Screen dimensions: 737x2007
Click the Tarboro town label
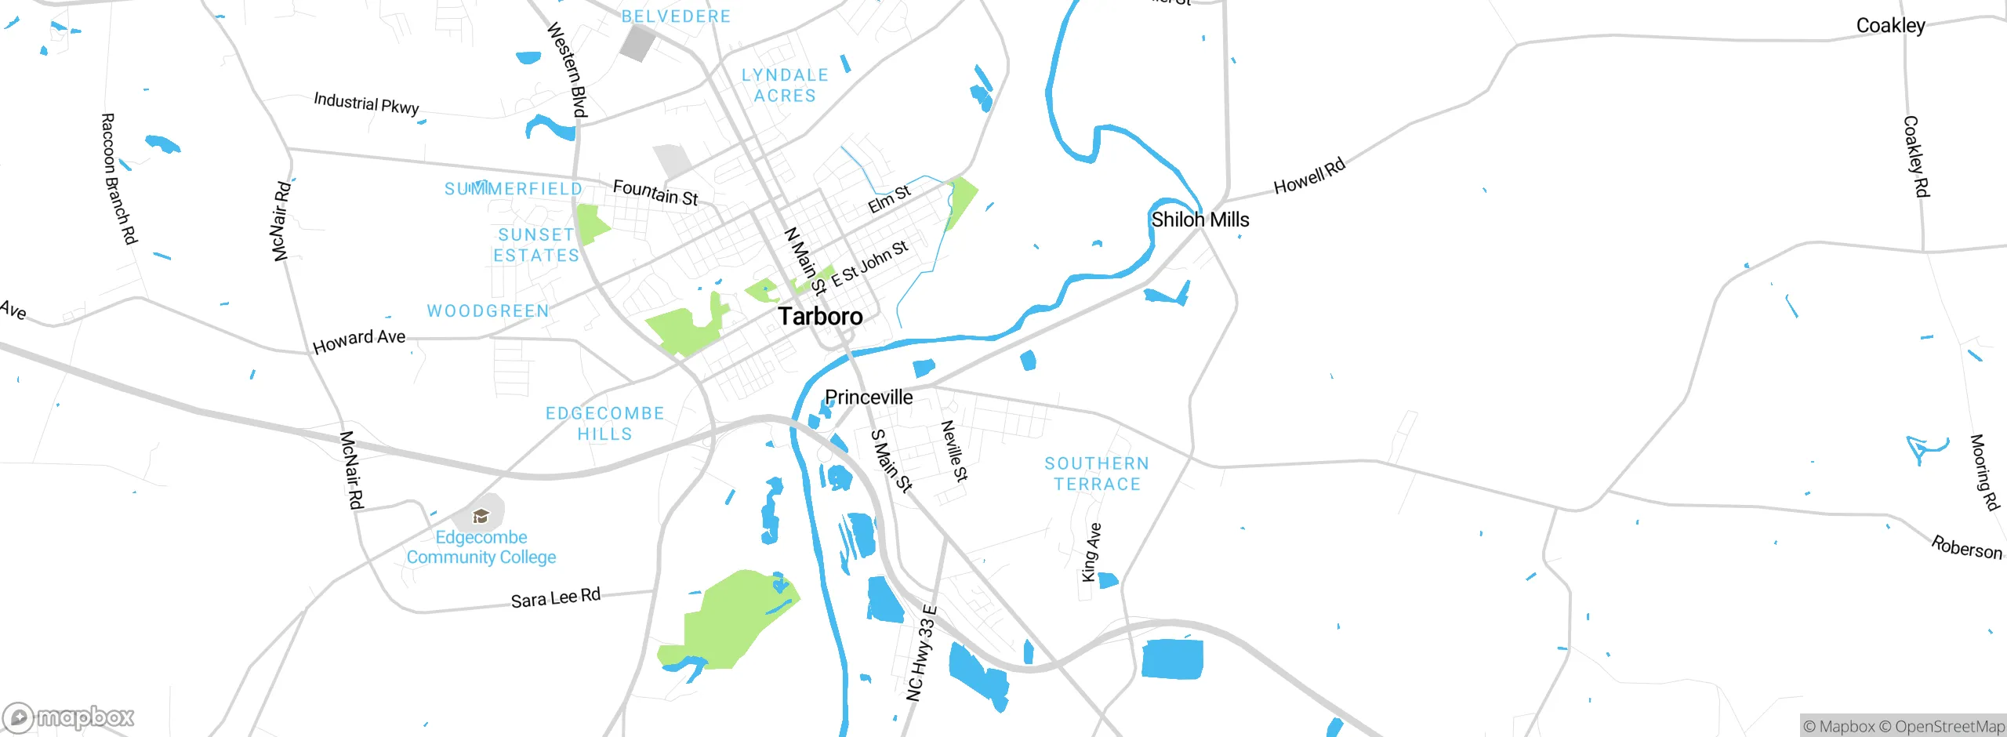click(820, 316)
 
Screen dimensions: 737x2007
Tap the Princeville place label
click(869, 398)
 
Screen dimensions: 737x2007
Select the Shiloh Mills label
click(1199, 220)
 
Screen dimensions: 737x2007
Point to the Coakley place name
click(1890, 26)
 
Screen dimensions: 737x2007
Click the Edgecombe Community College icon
click(481, 516)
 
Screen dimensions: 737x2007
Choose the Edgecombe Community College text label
click(481, 547)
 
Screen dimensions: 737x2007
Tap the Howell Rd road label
click(1309, 176)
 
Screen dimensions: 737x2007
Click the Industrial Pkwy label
click(366, 103)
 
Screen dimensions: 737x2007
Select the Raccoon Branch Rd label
click(119, 178)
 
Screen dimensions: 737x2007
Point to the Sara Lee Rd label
click(555, 598)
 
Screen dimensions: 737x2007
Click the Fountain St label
click(655, 192)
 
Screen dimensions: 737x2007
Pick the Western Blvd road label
click(567, 69)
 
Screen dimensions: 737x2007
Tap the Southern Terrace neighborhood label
click(1097, 474)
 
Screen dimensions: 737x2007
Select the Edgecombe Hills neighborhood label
click(604, 423)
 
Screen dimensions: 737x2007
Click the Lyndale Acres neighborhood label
click(785, 85)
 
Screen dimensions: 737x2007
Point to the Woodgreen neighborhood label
click(488, 311)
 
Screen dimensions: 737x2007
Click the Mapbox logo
click(68, 717)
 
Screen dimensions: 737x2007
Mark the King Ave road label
click(1091, 552)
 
